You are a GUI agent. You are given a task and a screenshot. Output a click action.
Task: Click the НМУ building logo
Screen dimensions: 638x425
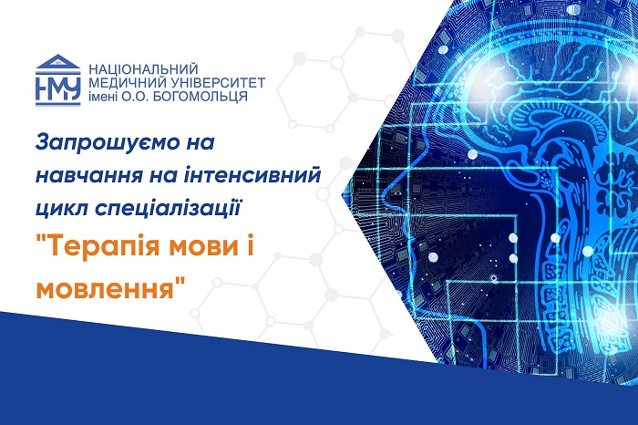tap(57, 80)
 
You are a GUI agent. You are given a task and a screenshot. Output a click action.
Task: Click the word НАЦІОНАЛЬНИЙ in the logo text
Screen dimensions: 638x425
tap(143, 68)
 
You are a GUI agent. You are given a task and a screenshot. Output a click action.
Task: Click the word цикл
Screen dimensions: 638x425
tap(62, 208)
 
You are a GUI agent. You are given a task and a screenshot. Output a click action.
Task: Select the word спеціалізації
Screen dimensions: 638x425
tap(169, 209)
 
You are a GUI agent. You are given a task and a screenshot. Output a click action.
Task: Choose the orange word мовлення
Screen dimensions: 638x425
tap(110, 288)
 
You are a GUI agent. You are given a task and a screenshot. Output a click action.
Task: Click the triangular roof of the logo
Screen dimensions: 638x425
tap(57, 61)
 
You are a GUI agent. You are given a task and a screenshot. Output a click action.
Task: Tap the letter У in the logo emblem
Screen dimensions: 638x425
tap(72, 88)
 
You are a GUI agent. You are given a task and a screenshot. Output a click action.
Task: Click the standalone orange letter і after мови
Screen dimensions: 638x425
tap(249, 246)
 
